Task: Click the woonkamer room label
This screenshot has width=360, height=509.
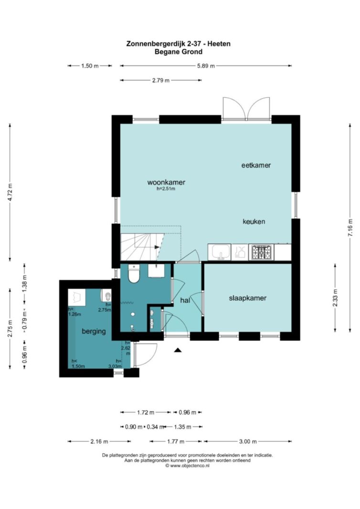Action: tap(166, 182)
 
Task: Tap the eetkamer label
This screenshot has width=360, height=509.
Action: tap(256, 165)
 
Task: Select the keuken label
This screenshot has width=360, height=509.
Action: tap(254, 222)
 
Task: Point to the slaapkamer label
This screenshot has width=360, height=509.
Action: tap(248, 298)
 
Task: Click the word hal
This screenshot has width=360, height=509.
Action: tap(185, 300)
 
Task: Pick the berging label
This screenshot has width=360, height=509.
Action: tap(94, 332)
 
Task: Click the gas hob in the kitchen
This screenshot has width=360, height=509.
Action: tap(262, 252)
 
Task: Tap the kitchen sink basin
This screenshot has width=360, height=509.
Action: tap(221, 251)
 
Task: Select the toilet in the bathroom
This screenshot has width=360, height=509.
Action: tap(134, 274)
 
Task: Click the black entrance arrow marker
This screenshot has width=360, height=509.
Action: tap(177, 350)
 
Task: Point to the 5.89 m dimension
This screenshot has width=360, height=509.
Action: tap(206, 66)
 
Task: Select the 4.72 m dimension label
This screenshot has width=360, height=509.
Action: tap(10, 193)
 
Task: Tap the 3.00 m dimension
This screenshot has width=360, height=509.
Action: tap(248, 441)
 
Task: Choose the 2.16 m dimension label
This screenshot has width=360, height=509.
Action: tap(99, 441)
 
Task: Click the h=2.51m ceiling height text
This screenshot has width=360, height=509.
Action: tap(166, 188)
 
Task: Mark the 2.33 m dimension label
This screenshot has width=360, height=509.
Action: tap(335, 298)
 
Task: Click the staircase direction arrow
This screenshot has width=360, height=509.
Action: tap(157, 247)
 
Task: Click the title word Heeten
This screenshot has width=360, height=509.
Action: tap(219, 43)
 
